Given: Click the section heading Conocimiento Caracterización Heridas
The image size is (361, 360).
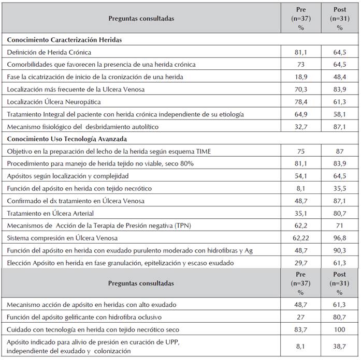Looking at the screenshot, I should point(67,39).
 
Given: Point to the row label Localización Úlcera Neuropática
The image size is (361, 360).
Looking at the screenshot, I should point(54,101).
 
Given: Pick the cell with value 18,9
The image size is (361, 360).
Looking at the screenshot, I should point(301,77).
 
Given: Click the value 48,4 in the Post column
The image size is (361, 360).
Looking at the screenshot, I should point(340,77).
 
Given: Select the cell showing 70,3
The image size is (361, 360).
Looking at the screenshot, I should point(301,89).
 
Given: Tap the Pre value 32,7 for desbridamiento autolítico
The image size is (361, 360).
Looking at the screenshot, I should point(301,126).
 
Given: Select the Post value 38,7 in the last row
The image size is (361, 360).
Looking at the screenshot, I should point(340,347).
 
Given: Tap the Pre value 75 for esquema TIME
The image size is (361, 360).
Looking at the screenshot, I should point(301,151).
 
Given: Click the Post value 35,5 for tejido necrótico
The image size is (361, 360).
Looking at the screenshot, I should point(340,188).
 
